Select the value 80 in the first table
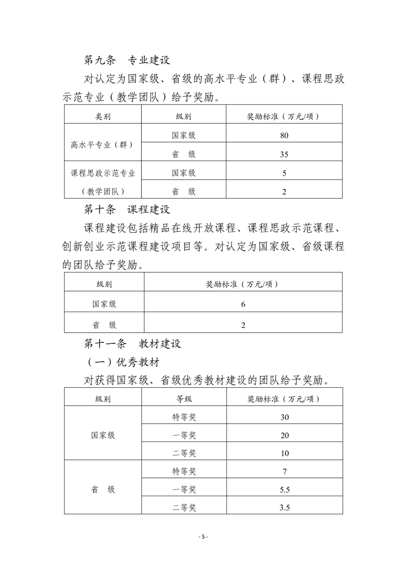(x=284, y=136)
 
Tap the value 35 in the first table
(x=284, y=154)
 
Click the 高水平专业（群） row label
(x=102, y=144)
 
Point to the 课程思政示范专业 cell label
(x=102, y=173)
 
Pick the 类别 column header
(x=102, y=117)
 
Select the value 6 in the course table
(x=243, y=304)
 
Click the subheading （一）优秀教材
(x=123, y=362)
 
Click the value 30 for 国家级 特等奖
(x=285, y=417)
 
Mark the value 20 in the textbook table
(x=285, y=435)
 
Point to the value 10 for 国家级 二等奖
(x=285, y=453)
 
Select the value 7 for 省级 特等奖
(x=285, y=471)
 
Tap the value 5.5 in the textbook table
(x=285, y=490)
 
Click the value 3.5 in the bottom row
(x=285, y=507)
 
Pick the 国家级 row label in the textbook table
(x=103, y=435)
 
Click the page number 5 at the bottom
(x=203, y=537)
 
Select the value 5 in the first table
(x=284, y=173)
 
